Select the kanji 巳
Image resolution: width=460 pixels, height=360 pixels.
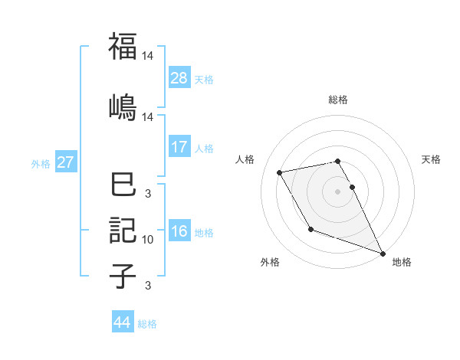point(123,186)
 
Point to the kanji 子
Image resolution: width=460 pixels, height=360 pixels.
point(123,277)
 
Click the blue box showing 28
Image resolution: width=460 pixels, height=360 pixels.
point(179,78)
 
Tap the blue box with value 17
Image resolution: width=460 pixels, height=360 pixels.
point(179,147)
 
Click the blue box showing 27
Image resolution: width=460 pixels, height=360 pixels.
point(66,162)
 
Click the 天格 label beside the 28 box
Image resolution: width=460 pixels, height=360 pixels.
point(204,79)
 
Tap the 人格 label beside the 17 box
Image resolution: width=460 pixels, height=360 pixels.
point(204,148)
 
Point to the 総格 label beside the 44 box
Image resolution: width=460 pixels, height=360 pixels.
point(147,323)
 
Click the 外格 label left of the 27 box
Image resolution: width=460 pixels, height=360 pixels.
point(41,163)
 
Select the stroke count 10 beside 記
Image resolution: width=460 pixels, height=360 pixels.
point(148,240)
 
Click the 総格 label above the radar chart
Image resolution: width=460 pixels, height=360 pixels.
point(337,100)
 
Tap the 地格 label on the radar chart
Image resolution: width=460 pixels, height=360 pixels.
point(402,262)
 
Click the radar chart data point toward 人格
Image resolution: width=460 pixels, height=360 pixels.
point(280,172)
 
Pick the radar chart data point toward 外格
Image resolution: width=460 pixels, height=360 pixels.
point(310,229)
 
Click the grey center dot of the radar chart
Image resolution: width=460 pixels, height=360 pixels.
point(337,191)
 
